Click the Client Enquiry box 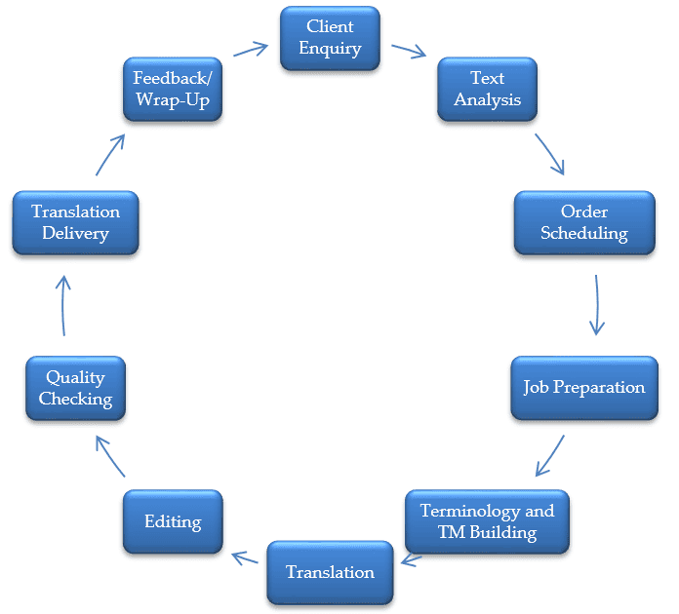tap(330, 38)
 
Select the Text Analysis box tap(487, 89)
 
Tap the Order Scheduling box tap(584, 223)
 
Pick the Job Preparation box tap(584, 388)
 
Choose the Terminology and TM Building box tap(487, 521)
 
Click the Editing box tap(173, 521)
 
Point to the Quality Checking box tap(76, 388)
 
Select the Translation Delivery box tap(76, 223)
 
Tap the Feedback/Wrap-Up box tap(173, 89)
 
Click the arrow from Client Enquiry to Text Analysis tap(409, 51)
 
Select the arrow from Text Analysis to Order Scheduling tap(550, 154)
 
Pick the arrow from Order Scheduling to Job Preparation tap(597, 305)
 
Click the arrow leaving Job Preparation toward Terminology tap(550, 456)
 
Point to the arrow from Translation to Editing tap(245, 557)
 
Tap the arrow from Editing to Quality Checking tap(110, 456)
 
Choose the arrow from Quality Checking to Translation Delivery tap(63, 305)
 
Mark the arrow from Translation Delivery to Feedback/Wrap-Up tap(110, 155)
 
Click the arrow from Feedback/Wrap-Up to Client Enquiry tap(251, 49)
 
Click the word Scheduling tap(584, 234)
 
